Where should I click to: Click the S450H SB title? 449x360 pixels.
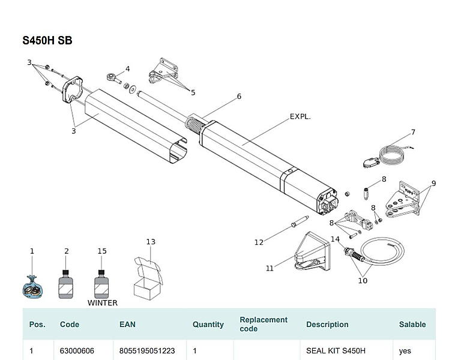coord(47,41)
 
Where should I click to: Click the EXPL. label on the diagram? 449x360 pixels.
coord(300,116)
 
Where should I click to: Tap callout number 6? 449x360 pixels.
coord(239,96)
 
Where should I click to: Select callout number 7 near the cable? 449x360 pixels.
coord(413,132)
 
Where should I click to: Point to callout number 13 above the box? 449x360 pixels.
coord(151,242)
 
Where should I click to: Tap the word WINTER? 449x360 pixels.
coord(103,303)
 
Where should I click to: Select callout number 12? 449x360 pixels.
coord(259,242)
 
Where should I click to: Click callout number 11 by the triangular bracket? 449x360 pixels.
coord(270,268)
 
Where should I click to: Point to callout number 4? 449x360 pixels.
coord(127,69)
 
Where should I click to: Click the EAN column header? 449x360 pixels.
coord(127,325)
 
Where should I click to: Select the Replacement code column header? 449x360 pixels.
coord(264,324)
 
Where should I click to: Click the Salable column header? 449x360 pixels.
coord(412,325)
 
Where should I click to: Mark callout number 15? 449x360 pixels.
coord(102,251)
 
